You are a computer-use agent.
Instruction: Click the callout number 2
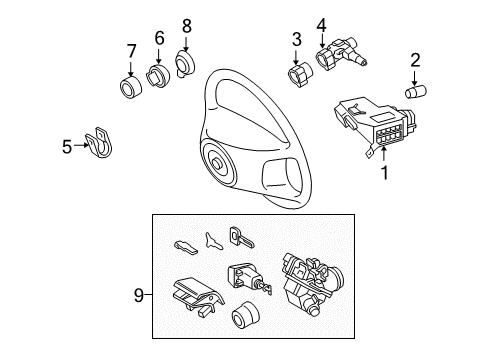click(415, 62)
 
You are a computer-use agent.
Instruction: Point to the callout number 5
click(67, 147)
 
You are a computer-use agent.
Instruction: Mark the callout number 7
click(130, 50)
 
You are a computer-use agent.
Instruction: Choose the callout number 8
click(185, 24)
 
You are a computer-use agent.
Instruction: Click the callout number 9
click(139, 295)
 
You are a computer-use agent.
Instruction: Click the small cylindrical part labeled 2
click(413, 92)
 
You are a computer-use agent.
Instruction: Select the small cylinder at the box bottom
click(243, 323)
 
